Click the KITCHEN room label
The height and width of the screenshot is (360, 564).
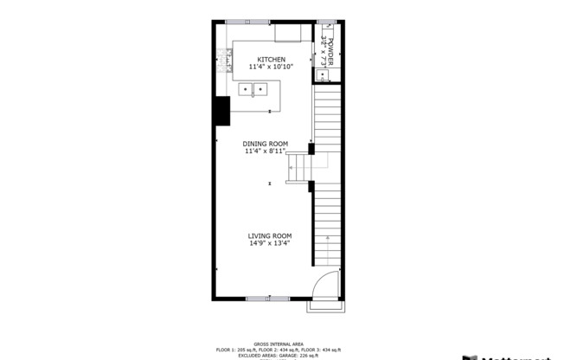click(x=271, y=60)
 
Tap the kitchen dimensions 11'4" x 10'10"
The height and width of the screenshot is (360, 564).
click(x=271, y=67)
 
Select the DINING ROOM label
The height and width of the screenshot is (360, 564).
click(x=265, y=144)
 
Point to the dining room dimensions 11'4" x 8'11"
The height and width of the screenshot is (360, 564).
click(x=265, y=151)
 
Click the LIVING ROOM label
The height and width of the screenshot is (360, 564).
click(x=270, y=235)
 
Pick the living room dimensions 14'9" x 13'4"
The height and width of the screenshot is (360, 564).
click(x=270, y=243)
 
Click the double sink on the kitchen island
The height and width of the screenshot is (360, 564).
click(x=253, y=88)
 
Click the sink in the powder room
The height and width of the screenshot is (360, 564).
click(x=324, y=75)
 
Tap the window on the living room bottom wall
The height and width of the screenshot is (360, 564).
click(x=268, y=298)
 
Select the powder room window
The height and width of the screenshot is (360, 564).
click(x=326, y=21)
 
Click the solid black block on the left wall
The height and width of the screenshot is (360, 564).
click(x=222, y=110)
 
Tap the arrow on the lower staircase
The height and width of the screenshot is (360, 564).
click(x=329, y=237)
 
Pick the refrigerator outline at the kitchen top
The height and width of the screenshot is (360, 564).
click(x=288, y=33)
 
